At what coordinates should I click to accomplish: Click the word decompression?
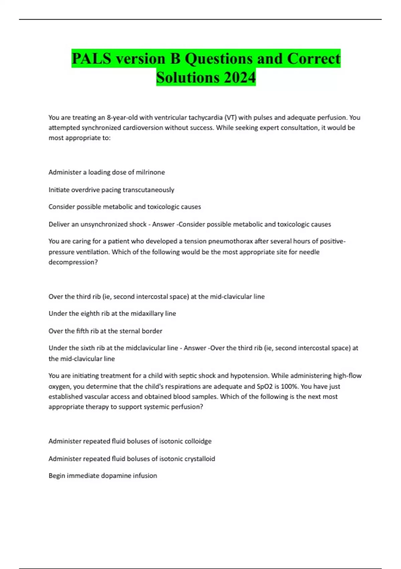[73, 262]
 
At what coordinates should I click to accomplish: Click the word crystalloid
[197, 459]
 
